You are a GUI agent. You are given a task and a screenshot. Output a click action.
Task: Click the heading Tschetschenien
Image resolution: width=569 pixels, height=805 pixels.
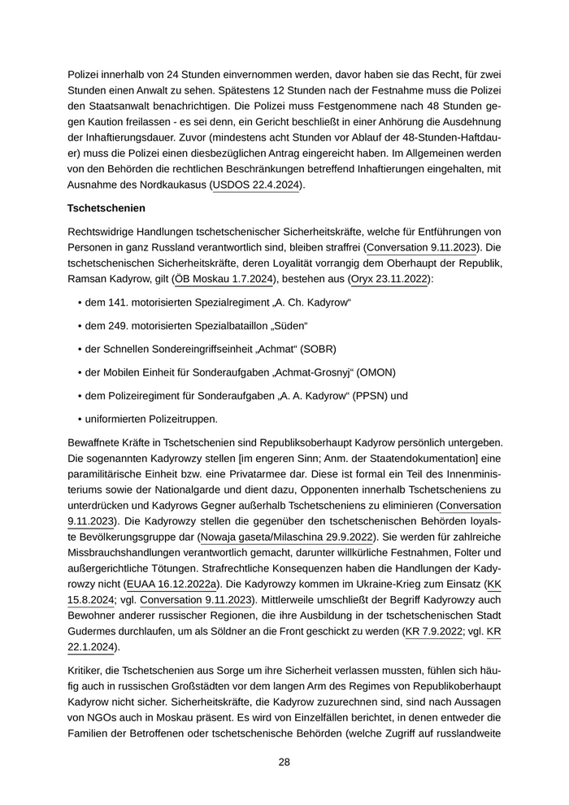(106, 208)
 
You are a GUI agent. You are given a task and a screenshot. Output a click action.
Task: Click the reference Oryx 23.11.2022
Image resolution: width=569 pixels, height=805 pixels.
(389, 280)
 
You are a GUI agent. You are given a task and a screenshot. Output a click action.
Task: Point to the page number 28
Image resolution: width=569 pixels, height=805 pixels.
(284, 762)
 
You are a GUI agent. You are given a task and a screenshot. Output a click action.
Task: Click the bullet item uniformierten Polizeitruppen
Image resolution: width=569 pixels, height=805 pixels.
(151, 420)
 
